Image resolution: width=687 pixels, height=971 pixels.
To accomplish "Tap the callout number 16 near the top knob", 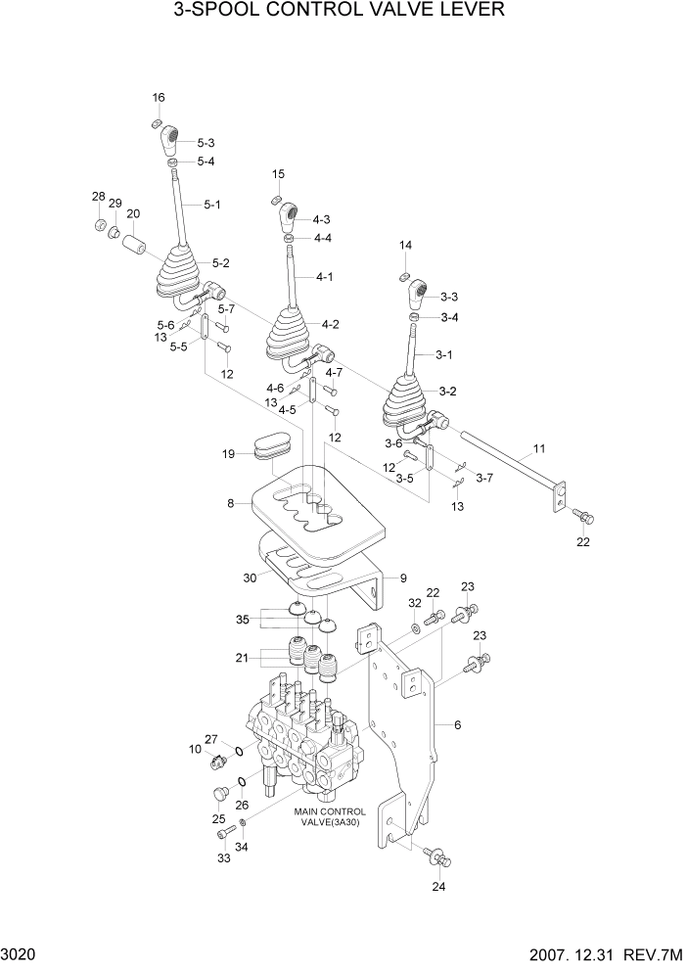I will coord(159,97).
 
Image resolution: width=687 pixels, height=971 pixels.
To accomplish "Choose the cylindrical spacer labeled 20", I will coord(135,241).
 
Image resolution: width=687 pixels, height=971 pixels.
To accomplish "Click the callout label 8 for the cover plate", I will coord(231,504).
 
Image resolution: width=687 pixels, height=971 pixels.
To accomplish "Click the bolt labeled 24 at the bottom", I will coord(437,857).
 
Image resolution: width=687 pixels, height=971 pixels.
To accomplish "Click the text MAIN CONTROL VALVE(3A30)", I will coord(330,817).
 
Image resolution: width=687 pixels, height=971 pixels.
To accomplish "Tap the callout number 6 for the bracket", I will coord(457,725).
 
